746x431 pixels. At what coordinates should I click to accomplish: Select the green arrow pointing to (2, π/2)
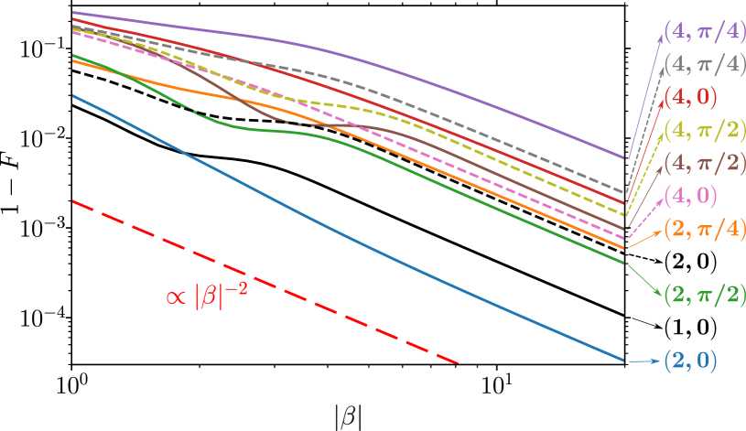click(x=643, y=277)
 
